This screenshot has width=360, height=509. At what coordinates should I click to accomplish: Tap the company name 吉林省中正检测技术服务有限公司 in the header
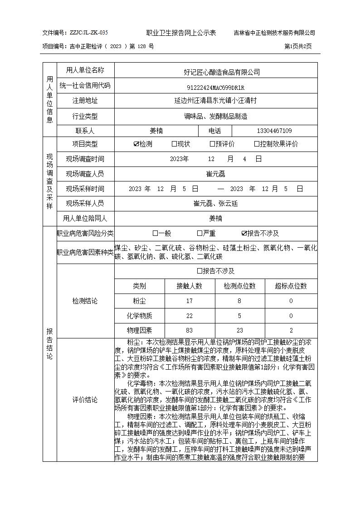[x=274, y=33]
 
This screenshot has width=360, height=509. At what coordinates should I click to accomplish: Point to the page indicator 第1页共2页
[x=298, y=46]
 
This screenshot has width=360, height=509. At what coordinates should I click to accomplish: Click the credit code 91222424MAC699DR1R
[x=215, y=88]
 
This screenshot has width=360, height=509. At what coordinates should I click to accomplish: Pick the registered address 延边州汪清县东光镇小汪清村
[x=215, y=101]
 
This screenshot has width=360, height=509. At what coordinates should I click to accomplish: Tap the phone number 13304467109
[x=274, y=131]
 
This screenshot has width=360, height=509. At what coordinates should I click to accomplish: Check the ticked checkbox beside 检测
[x=136, y=144]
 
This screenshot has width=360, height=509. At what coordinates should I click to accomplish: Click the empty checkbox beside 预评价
[x=212, y=144]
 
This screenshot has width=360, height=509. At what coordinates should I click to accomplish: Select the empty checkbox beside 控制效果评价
[x=257, y=144]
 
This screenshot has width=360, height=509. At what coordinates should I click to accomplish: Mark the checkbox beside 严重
[x=199, y=234]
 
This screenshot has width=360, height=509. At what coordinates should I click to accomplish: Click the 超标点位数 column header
[x=291, y=286]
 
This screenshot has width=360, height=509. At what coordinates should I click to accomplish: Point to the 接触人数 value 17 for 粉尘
[x=189, y=301]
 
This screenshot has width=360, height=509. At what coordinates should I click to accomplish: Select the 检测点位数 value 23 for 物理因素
[x=239, y=331]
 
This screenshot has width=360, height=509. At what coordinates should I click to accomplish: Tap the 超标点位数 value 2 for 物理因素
[x=291, y=331]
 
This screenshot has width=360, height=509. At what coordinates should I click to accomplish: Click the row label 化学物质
[x=139, y=316]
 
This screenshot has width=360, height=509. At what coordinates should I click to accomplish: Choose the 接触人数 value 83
[x=189, y=331]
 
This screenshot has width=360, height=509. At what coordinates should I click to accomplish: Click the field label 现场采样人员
[x=85, y=203]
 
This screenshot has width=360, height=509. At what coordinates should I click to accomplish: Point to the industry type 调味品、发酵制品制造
[x=215, y=117]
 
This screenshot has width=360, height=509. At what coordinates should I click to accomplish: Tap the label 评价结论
[x=85, y=400]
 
